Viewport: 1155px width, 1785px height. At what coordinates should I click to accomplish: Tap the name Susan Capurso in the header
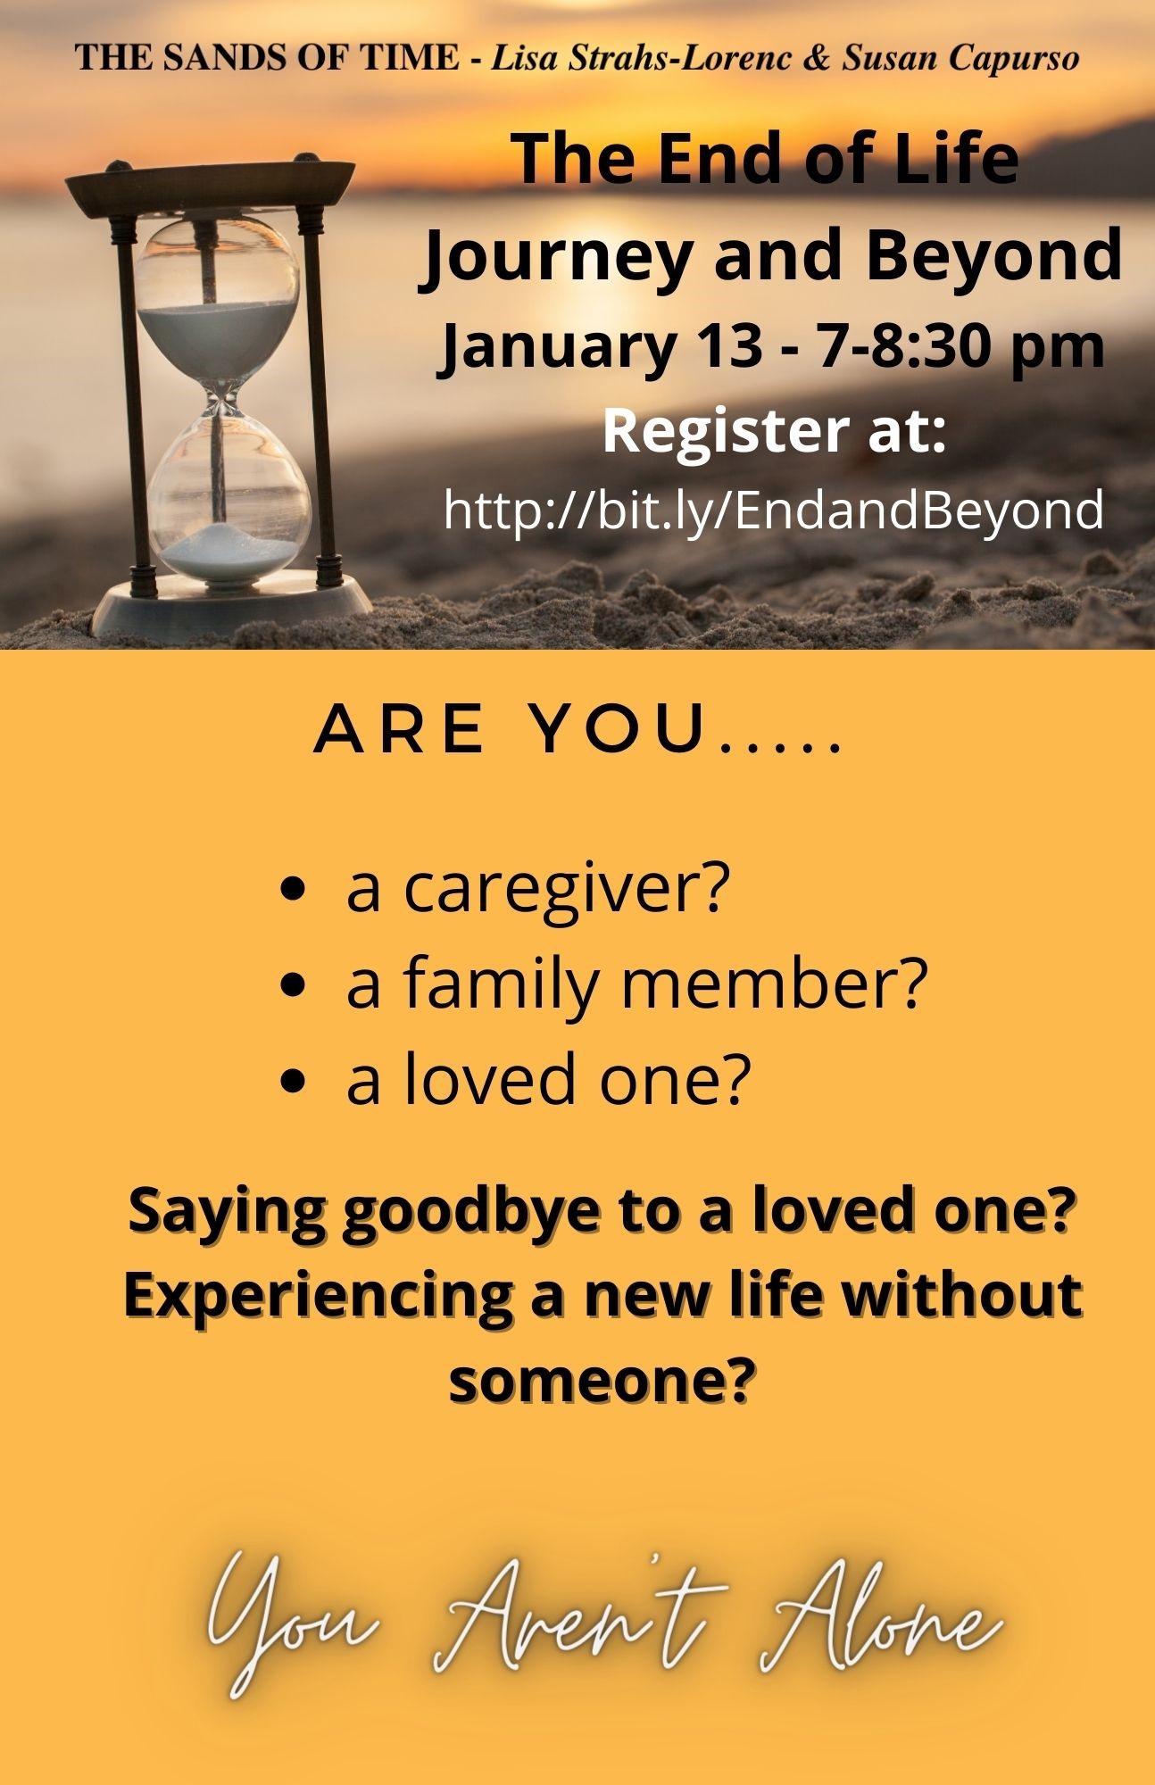point(960,59)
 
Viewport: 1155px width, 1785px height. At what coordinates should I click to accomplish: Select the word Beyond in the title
point(993,255)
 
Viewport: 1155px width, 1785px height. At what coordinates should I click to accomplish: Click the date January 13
point(596,349)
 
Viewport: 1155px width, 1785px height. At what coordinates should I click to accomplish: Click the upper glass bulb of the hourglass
point(220,303)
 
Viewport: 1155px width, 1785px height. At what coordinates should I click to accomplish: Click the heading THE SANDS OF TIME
point(268,59)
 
